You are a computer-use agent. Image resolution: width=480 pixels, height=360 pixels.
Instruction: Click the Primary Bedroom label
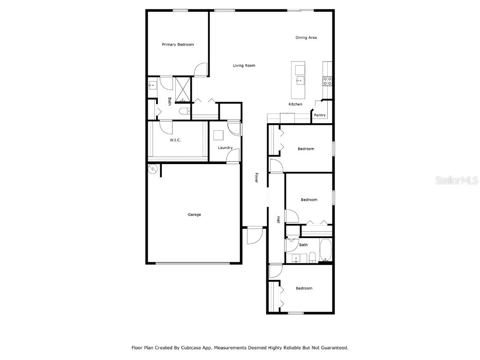point(178,45)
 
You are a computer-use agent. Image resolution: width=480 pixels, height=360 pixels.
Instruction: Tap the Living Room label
point(244,66)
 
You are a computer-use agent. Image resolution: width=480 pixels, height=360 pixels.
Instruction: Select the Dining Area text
point(306,37)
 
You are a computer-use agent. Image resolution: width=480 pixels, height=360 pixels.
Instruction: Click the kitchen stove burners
point(327,81)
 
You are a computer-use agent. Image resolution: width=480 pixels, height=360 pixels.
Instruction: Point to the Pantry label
point(320,115)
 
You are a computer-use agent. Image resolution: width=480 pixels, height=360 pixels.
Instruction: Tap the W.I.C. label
point(175,140)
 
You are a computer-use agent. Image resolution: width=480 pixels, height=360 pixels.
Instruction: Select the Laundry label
point(225,148)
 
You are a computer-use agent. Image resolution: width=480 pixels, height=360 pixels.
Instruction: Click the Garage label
point(194,215)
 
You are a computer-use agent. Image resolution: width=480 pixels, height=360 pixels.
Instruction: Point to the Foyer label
point(256,178)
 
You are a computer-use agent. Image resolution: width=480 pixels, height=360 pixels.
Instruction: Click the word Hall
point(278,219)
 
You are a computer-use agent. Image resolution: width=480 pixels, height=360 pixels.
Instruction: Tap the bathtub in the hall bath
point(325,250)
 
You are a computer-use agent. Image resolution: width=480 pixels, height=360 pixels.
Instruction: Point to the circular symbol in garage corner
point(152,169)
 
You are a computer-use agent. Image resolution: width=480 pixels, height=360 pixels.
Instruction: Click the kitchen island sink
point(300,81)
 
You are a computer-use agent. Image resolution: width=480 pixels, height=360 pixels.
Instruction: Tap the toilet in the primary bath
point(185,111)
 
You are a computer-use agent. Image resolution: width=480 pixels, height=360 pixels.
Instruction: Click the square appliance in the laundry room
point(218,135)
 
